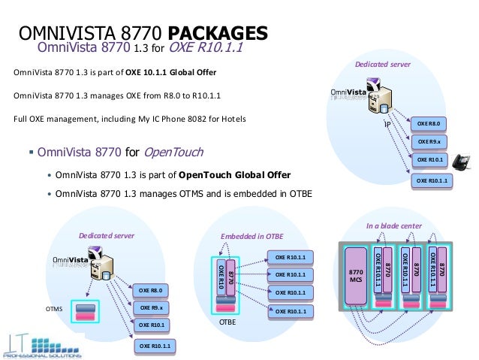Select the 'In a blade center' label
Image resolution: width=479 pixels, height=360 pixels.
tap(393, 225)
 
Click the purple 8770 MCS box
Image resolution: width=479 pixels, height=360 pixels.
tap(357, 276)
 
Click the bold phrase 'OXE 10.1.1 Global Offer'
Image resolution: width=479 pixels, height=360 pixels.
tap(170, 72)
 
